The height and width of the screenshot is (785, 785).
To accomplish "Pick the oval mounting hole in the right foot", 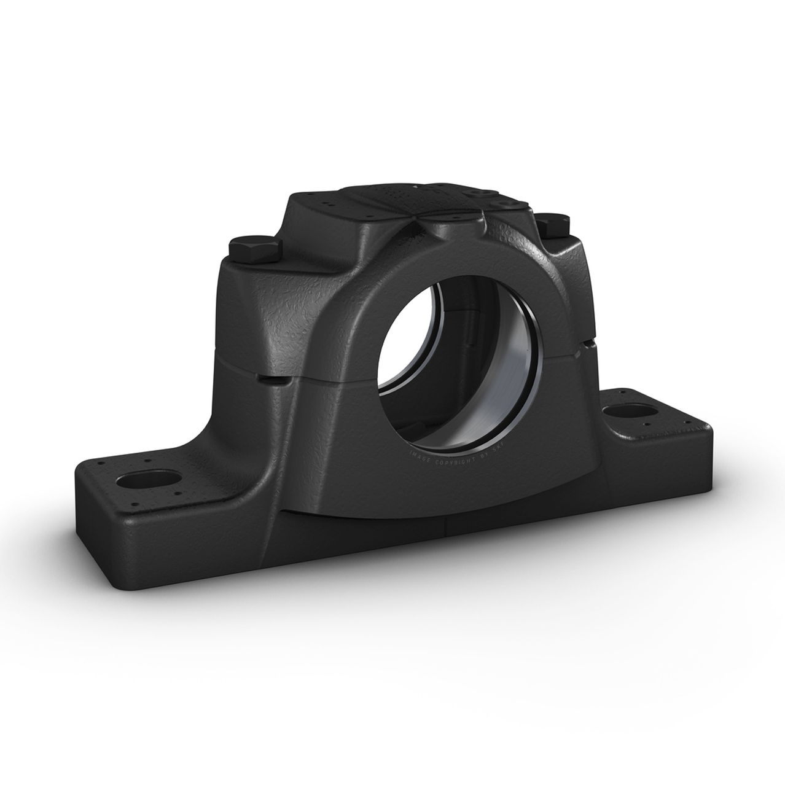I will pos(624,413).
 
